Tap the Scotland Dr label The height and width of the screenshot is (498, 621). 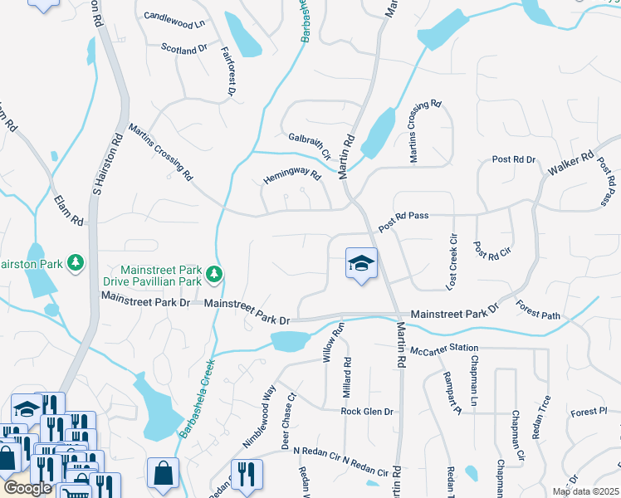184,49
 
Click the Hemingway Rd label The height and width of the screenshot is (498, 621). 291,177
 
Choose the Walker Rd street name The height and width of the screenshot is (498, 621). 571,164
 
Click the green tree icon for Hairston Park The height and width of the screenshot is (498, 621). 76,262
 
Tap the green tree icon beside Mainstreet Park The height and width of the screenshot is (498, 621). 214,272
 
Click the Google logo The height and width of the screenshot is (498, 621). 27,489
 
